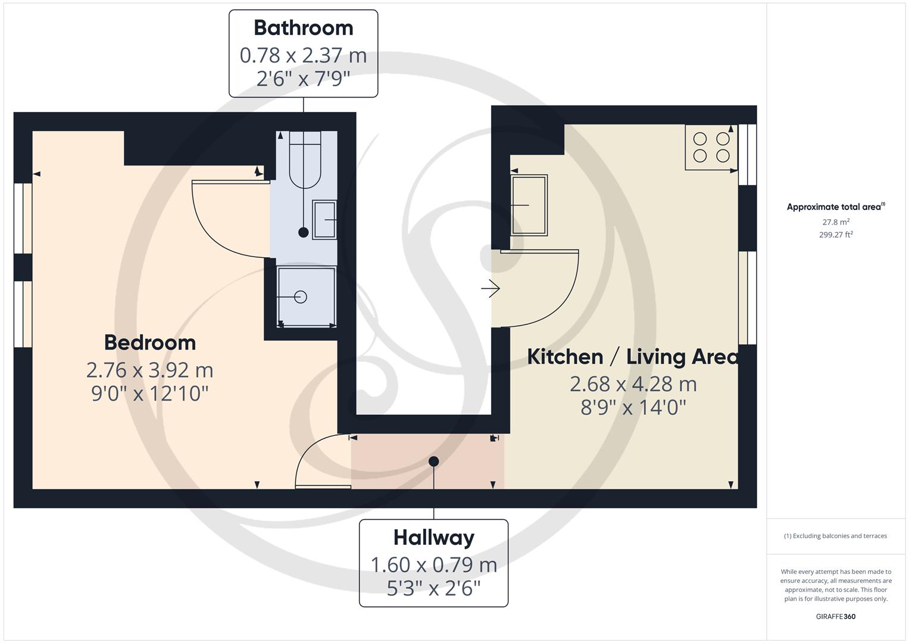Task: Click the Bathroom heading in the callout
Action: (303, 28)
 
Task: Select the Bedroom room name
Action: (149, 342)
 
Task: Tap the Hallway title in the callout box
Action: (433, 538)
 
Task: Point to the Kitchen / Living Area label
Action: (633, 357)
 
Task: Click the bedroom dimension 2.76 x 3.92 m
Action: (149, 370)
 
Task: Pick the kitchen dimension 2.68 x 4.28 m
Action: (633, 384)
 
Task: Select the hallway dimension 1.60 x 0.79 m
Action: (433, 564)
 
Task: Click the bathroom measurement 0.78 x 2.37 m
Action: (303, 55)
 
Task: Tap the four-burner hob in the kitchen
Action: (711, 147)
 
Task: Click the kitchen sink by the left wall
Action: (529, 205)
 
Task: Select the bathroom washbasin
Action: (325, 220)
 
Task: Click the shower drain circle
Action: (301, 296)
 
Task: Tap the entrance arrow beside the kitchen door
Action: (491, 289)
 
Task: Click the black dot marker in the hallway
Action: (434, 461)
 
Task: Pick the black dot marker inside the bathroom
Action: (304, 233)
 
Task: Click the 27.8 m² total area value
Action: (836, 222)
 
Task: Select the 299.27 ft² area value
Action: (836, 235)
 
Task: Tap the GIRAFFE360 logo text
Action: (835, 616)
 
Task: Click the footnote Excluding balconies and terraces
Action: (835, 536)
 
